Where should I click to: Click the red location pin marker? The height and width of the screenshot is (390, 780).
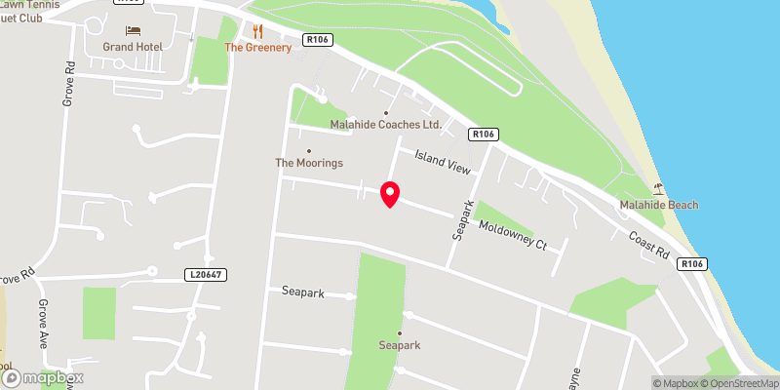390,193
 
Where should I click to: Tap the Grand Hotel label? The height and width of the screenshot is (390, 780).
133,47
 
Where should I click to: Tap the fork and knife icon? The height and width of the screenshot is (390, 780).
258,31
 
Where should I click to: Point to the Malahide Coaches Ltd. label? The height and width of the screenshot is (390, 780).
385,125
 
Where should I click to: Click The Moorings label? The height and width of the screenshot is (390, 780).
309,163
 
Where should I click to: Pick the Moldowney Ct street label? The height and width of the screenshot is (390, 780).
513,235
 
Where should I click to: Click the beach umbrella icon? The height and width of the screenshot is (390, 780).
659,189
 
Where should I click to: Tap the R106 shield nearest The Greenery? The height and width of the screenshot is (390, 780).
317,40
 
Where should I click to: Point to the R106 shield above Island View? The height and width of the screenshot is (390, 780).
483,134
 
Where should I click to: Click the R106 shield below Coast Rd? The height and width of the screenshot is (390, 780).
692,264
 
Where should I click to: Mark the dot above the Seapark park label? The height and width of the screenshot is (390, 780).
399,332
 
